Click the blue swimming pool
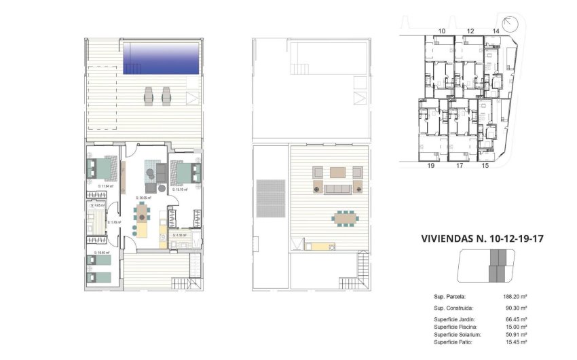[x=162, y=58]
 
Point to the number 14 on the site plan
[x=496, y=31]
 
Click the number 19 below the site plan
[x=430, y=165]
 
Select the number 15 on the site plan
[x=485, y=165]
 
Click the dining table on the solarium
[x=345, y=218]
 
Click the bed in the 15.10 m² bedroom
[x=186, y=172]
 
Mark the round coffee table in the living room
[x=148, y=175]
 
